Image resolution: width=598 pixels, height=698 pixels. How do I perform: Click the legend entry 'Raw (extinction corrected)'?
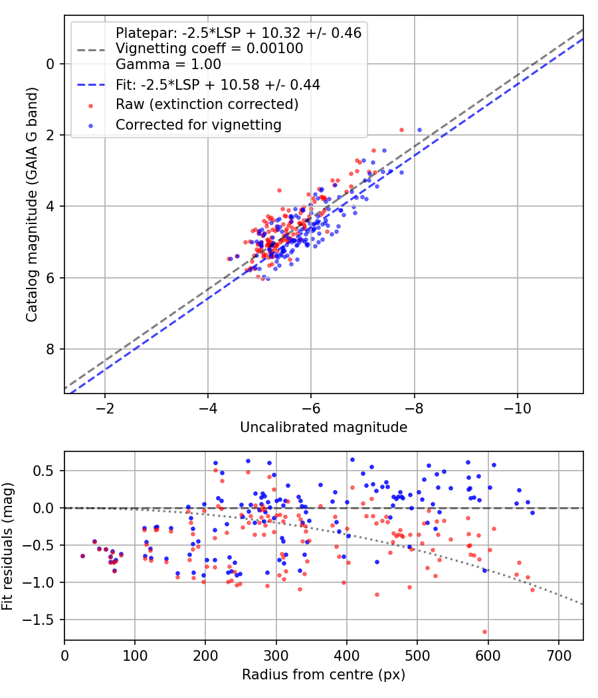[x=207, y=104]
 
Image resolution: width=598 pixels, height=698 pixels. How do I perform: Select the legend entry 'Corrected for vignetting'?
[x=199, y=125]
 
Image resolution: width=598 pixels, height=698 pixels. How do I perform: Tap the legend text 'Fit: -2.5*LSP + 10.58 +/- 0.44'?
[x=218, y=85]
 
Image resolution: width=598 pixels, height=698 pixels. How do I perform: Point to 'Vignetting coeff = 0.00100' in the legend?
[x=209, y=49]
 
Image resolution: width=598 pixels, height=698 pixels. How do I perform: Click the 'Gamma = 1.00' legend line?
[x=168, y=64]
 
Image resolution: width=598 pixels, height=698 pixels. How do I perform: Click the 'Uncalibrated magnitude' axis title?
[x=324, y=427]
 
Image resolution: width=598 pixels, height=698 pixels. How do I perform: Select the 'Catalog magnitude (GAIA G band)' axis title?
[x=32, y=204]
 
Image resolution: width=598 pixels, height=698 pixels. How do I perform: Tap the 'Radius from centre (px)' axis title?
[x=324, y=675]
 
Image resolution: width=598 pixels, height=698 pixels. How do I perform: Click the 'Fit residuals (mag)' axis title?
[x=7, y=546]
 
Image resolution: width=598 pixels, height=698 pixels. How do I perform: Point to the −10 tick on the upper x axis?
[x=517, y=408]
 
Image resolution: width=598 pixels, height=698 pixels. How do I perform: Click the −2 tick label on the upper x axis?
[x=104, y=408]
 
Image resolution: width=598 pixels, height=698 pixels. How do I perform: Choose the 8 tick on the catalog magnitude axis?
[x=50, y=350]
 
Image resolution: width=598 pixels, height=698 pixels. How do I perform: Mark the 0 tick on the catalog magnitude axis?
[x=50, y=64]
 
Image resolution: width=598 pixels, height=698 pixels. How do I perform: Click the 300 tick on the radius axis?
[x=276, y=655]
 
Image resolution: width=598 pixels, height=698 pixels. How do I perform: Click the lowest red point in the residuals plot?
[x=484, y=632]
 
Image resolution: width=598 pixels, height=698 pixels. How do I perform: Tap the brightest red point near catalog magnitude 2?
[x=402, y=130]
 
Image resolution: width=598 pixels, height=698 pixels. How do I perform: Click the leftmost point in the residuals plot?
[x=82, y=556]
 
